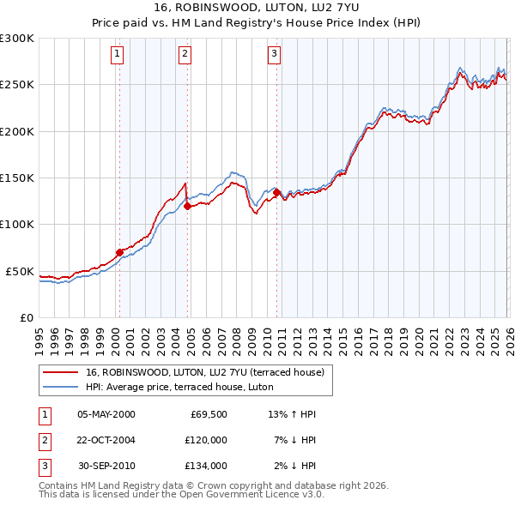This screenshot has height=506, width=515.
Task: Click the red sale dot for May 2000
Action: coord(119,252)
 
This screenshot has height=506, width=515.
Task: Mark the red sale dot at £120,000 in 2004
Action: coord(187,206)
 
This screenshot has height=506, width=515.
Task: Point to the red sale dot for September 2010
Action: coord(276,192)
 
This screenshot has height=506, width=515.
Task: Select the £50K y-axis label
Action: coord(20,271)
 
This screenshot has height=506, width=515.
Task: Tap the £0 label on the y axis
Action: coord(26,317)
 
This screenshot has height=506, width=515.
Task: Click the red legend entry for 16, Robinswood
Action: coord(204,373)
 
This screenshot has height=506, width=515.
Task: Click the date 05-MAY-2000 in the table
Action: coord(106,414)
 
